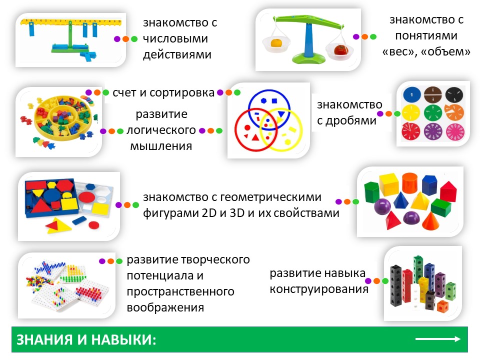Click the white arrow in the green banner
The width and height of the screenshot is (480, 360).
[438, 339]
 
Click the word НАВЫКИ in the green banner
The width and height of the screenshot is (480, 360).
[123, 340]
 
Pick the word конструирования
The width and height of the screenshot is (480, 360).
[319, 288]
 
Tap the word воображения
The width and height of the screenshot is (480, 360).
[165, 307]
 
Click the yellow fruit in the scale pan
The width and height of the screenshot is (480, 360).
[276, 42]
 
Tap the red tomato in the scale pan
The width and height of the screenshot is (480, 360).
[340, 49]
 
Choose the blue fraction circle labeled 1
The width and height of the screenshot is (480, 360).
[411, 94]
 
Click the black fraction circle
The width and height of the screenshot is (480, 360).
[454, 94]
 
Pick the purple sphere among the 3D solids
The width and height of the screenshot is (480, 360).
[382, 206]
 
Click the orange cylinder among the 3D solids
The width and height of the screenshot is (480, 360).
[409, 183]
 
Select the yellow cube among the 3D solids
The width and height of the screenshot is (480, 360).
[389, 184]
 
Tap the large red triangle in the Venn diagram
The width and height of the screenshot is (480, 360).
[255, 137]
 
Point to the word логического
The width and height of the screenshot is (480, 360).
[161, 130]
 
